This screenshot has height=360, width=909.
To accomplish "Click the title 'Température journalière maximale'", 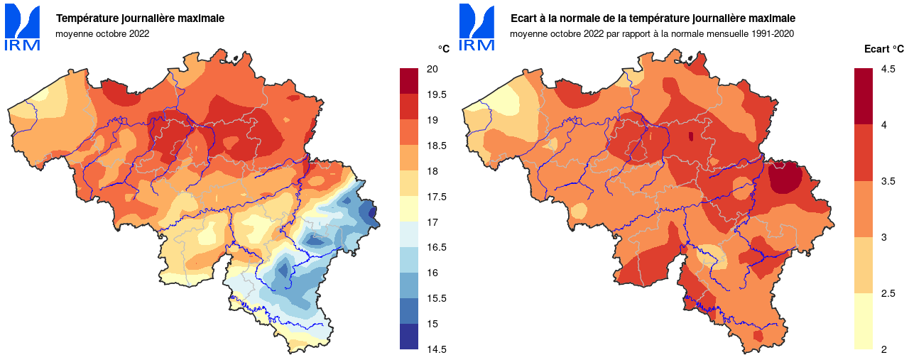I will (140, 18).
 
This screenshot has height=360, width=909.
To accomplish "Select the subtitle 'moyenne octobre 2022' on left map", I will (102, 33).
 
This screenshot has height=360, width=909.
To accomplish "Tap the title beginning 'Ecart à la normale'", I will (653, 18).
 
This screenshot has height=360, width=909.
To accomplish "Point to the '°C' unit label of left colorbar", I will (443, 48).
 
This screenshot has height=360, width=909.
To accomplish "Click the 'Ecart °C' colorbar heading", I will (883, 49).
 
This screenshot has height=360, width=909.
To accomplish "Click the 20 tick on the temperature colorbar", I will (431, 69).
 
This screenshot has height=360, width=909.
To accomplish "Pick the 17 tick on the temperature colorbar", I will (431, 222).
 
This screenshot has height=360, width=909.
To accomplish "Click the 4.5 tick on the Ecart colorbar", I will (888, 69).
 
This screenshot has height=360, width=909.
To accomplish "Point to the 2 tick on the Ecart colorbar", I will (883, 349).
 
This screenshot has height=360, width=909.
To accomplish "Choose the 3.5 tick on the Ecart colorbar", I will (888, 181).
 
